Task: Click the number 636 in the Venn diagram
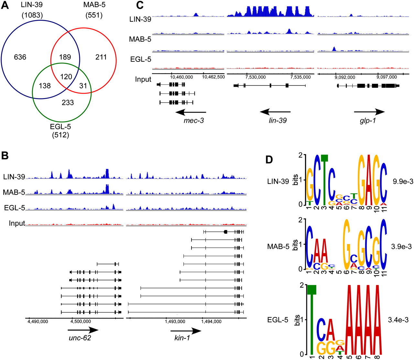pos(20,57)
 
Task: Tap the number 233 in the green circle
pos(68,103)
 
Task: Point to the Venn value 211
pos(101,57)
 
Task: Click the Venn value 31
pos(83,85)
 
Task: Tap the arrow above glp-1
pos(369,112)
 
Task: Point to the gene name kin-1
pos(182,338)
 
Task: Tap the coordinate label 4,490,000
pos(38,321)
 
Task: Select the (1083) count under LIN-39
pos(32,15)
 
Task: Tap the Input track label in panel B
pos(17,223)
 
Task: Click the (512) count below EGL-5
pos(60,135)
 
